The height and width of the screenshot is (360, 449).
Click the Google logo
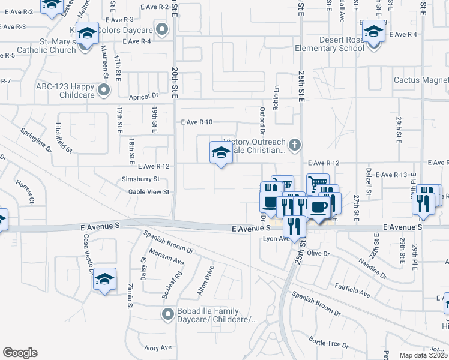20,353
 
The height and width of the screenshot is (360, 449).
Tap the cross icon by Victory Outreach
294,145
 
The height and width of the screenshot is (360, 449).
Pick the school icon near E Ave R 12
221,154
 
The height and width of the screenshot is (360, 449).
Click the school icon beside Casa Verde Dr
104,280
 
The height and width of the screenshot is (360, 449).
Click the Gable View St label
150,192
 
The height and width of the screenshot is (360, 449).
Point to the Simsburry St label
140,179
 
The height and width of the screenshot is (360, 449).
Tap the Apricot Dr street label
143,95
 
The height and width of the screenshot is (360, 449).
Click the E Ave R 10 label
197,122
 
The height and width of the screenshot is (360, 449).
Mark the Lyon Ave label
277,239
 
